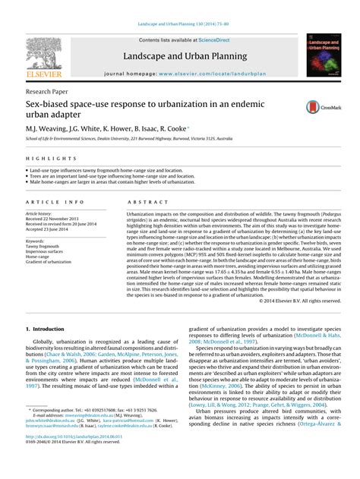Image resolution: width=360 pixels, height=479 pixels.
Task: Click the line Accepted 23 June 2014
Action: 49,229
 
